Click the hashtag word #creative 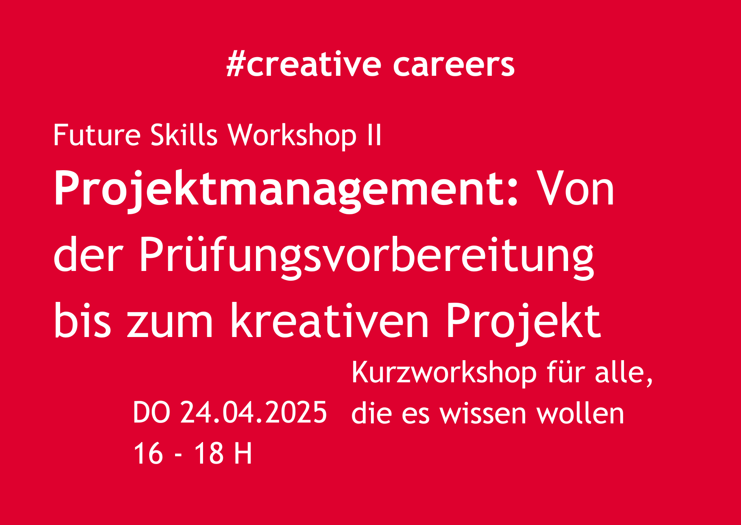[x=304, y=64]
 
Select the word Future [x=97, y=135]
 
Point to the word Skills [x=184, y=135]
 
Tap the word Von [x=576, y=189]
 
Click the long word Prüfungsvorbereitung [x=367, y=256]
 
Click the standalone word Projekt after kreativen [x=524, y=323]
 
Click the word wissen [x=483, y=414]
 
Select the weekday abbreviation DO [x=152, y=412]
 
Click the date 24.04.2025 [x=254, y=412]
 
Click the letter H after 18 [x=243, y=453]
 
